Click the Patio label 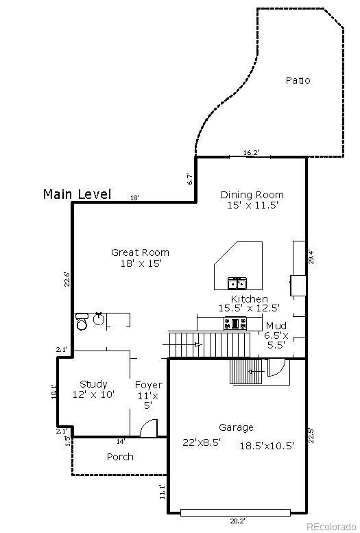[x=298, y=80]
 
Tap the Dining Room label [x=252, y=195]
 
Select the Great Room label [x=140, y=252]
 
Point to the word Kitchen [x=249, y=299]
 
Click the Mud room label [x=276, y=325]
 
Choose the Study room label [x=93, y=384]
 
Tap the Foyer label [x=148, y=385]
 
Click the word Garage [x=236, y=427]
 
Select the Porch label [x=120, y=457]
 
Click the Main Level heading [x=77, y=194]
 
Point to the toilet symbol [x=82, y=321]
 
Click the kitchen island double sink [x=237, y=282]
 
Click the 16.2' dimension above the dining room [x=250, y=152]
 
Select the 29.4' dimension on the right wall [x=311, y=257]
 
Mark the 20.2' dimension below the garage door [x=237, y=521]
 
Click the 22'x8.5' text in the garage [x=202, y=442]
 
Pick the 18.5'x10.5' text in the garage [x=266, y=445]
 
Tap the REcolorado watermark [x=331, y=527]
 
